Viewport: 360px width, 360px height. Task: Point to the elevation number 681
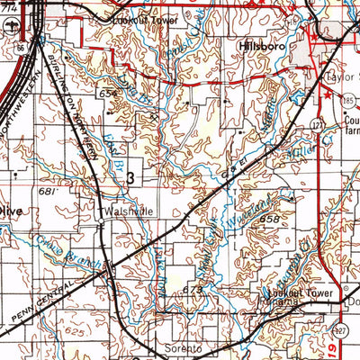tap(48, 192)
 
